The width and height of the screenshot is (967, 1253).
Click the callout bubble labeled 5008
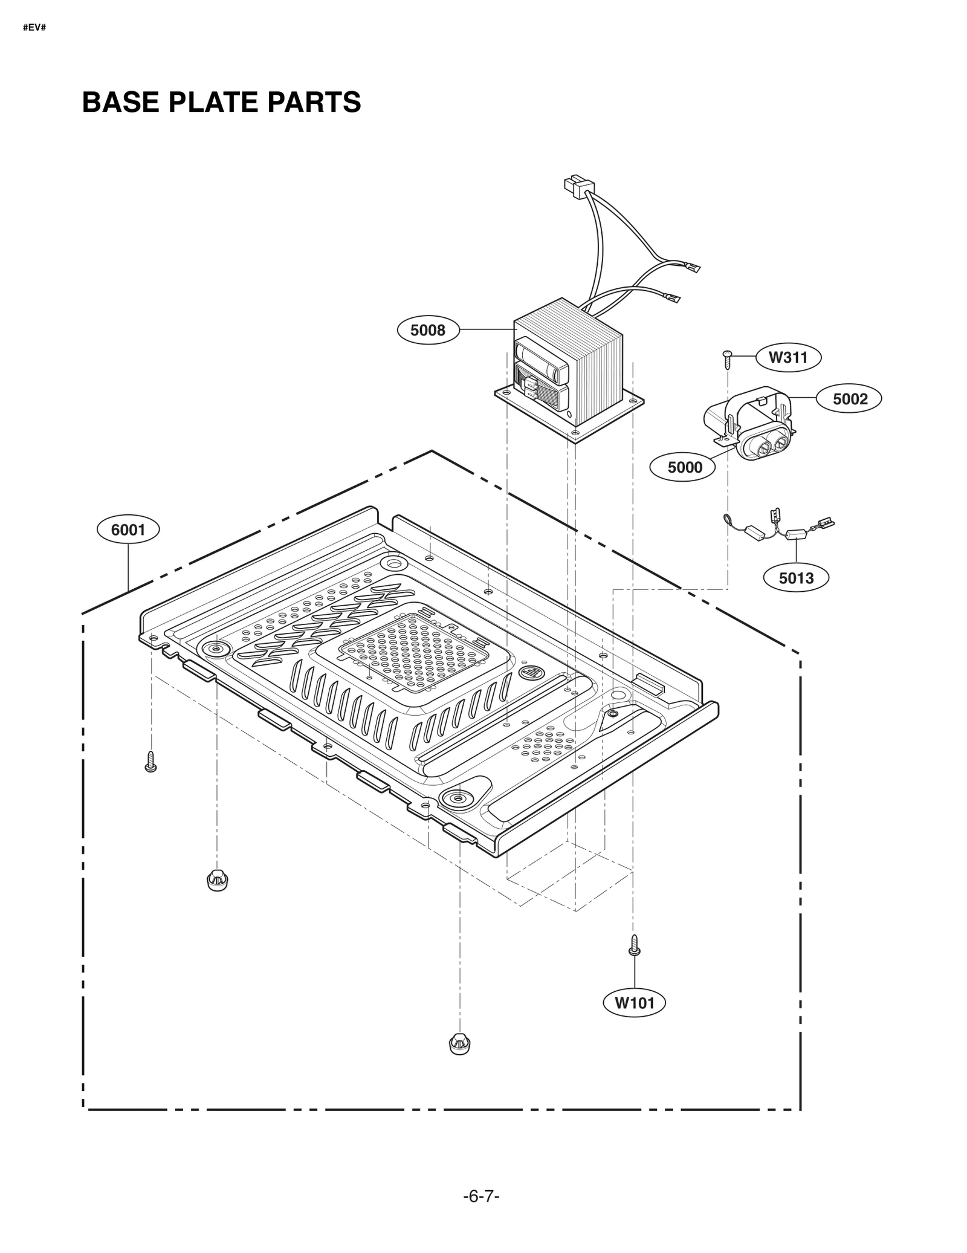(x=427, y=330)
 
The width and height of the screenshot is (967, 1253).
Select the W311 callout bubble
(x=788, y=357)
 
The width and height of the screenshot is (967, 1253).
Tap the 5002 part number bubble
(x=849, y=399)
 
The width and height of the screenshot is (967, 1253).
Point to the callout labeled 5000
(x=684, y=467)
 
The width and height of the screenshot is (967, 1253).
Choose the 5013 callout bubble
(x=795, y=578)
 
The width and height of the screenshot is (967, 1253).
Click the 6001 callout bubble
(x=128, y=530)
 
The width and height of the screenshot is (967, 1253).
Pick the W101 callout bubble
(x=635, y=1003)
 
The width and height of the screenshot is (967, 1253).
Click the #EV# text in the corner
(x=34, y=28)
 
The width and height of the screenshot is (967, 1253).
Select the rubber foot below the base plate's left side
(x=218, y=881)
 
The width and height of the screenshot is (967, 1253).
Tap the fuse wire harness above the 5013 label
(x=780, y=528)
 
